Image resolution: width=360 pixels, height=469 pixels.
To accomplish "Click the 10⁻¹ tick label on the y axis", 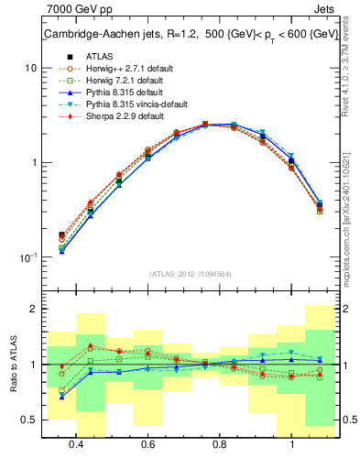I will [27, 257].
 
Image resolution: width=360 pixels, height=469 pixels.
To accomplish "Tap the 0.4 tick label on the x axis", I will [77, 444].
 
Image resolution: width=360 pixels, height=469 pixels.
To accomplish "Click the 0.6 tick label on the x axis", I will [148, 444].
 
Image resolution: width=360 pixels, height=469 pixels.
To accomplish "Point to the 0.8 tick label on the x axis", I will [220, 444].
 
